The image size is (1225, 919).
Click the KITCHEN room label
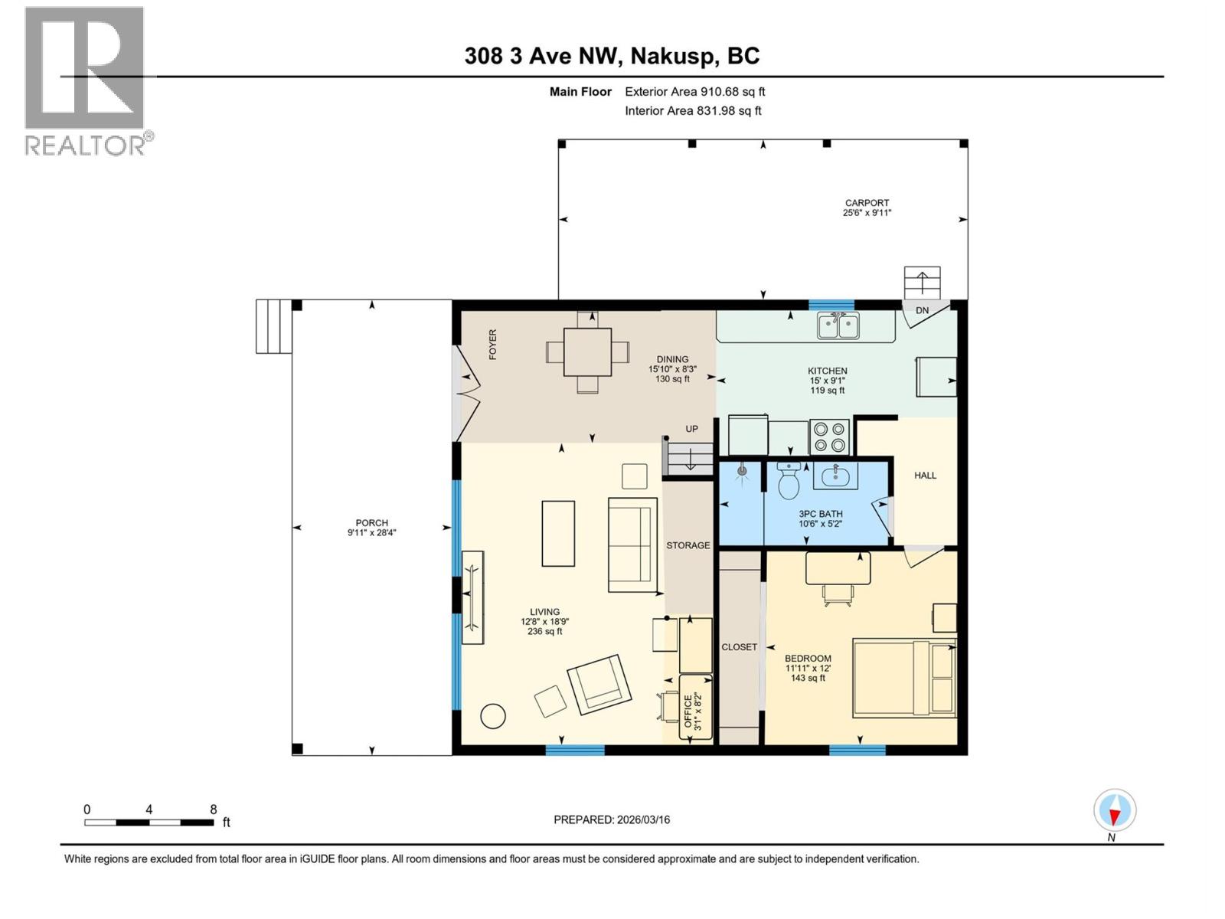pos(827,371)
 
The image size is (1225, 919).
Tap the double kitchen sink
pos(838,325)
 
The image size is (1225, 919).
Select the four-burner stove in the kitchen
pos(830,437)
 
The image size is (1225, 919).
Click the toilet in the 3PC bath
pos(788,481)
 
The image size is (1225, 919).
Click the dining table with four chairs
pos(587,352)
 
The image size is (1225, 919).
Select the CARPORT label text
pos(867,203)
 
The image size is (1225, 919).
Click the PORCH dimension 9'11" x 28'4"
pos(372,533)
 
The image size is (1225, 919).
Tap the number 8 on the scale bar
pos(214,809)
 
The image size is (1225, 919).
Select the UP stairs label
pos(691,429)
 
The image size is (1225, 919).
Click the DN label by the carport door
pos(922,310)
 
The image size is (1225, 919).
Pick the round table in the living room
pos(492,716)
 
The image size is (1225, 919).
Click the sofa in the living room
pos(632,545)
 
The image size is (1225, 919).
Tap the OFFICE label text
pos(688,711)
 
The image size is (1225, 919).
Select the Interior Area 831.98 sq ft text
pos(693,110)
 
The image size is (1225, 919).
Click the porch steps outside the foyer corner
pos(273,326)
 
